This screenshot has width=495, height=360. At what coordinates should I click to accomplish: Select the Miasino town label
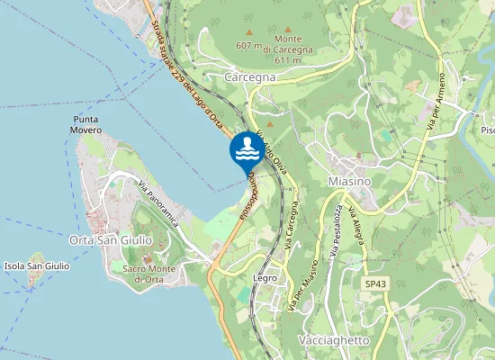(351, 182)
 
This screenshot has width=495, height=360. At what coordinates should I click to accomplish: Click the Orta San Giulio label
(107, 240)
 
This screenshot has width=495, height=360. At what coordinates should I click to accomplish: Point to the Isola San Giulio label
(37, 265)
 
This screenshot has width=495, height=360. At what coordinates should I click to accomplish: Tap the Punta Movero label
(86, 124)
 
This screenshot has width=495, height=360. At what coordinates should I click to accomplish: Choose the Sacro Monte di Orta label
(148, 274)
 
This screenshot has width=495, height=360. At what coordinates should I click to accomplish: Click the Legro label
(265, 279)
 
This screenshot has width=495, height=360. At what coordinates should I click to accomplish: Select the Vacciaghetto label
(333, 341)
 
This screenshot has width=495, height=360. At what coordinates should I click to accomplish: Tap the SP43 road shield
(375, 284)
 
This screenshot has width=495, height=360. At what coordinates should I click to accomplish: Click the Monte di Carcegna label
(288, 44)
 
